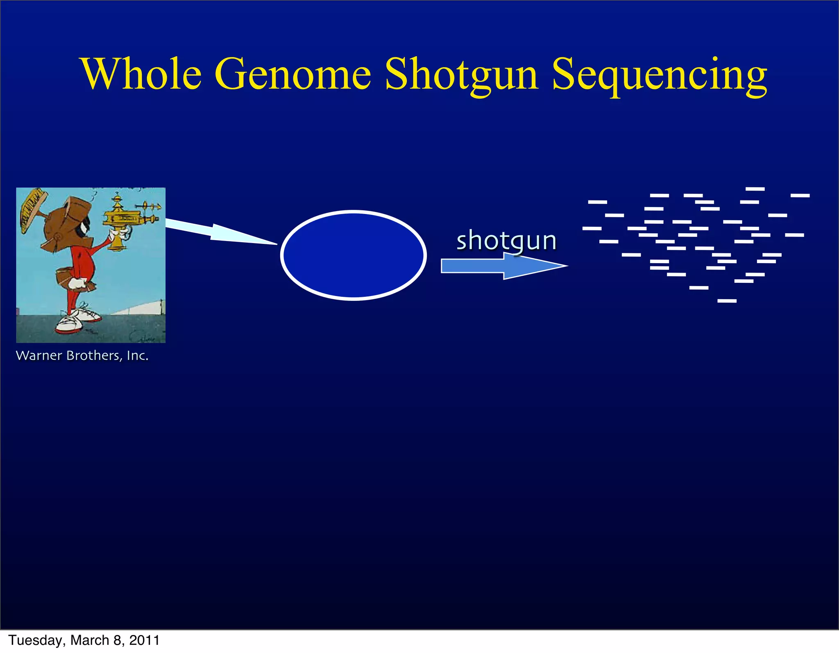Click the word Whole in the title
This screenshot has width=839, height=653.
tap(141, 74)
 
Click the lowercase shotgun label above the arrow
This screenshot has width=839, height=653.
tap(506, 241)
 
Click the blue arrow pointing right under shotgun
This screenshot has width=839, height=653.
tap(504, 266)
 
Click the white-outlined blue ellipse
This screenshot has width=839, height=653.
tap(354, 255)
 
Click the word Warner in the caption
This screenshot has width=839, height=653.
tap(39, 355)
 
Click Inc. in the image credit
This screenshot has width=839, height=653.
tap(137, 355)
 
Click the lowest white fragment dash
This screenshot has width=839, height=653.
tap(727, 301)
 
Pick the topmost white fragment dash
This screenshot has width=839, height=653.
tap(755, 189)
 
